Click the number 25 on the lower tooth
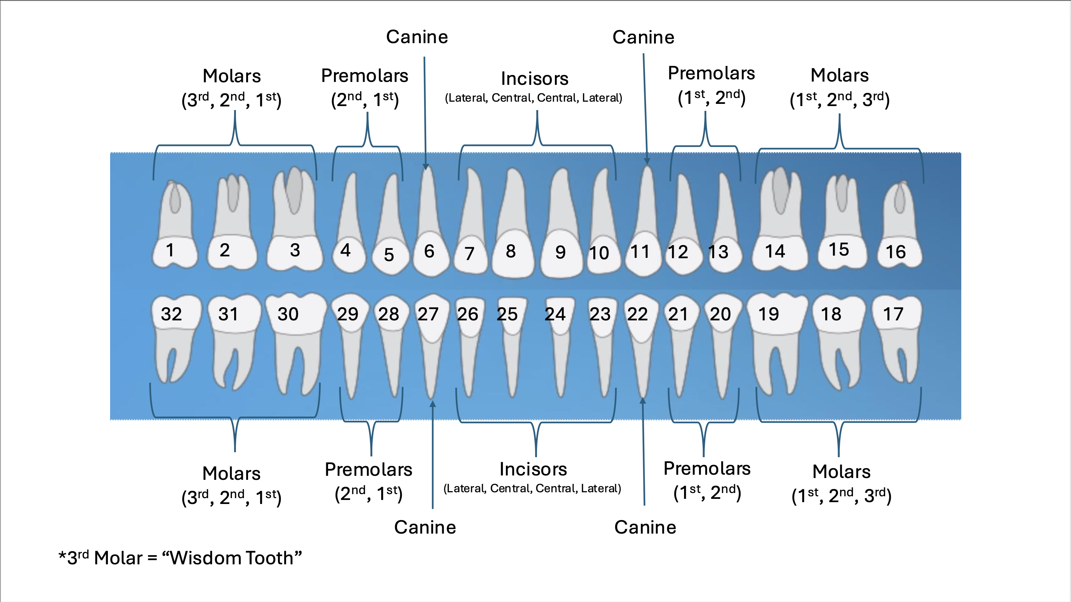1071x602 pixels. [x=507, y=314]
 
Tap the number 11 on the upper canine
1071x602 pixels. [x=640, y=251]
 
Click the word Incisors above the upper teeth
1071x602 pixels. [x=534, y=79]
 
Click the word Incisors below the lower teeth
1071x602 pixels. [x=533, y=469]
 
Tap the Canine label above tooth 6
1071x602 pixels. [x=417, y=37]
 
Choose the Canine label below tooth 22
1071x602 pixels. [x=645, y=527]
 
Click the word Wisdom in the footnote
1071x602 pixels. [x=206, y=558]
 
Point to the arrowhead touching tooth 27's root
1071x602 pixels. [x=433, y=404]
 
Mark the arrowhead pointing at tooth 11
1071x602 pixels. [x=647, y=161]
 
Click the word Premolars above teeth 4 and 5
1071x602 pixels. [x=365, y=76]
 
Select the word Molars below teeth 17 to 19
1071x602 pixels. [x=842, y=471]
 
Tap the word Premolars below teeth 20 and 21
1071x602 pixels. [x=707, y=469]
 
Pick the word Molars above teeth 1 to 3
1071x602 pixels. [x=232, y=76]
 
